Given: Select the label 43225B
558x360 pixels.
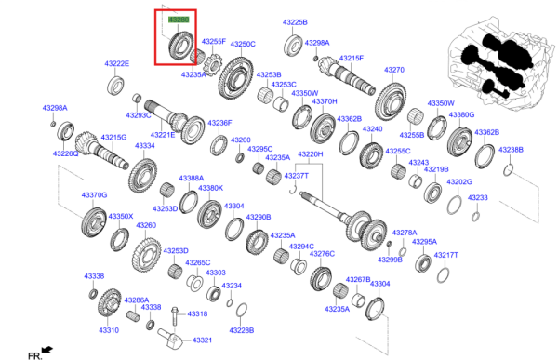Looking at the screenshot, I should click(x=295, y=21).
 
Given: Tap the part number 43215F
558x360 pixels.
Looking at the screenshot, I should click(x=350, y=58).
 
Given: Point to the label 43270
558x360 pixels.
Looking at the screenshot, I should click(x=394, y=70).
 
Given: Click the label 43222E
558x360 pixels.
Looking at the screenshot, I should click(x=116, y=63).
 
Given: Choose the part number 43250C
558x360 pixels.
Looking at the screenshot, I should click(x=243, y=44).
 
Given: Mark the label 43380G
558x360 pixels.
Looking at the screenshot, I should click(x=461, y=114).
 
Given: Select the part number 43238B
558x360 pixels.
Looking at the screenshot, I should click(x=511, y=149).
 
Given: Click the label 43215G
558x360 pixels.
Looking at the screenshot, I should click(x=113, y=137).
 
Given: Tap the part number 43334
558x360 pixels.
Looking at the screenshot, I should click(x=145, y=146).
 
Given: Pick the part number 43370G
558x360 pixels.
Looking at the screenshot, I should click(x=94, y=194).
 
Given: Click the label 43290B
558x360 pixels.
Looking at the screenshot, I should click(x=258, y=216).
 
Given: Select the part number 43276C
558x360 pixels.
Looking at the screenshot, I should click(x=322, y=253).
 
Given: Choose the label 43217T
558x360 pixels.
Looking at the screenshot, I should click(x=446, y=254).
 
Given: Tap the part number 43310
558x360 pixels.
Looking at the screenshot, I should click(x=109, y=330).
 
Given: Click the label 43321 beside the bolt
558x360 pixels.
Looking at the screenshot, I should click(x=203, y=340).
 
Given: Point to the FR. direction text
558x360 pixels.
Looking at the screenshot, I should click(x=34, y=355).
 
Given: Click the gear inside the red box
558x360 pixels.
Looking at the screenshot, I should click(x=179, y=45).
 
